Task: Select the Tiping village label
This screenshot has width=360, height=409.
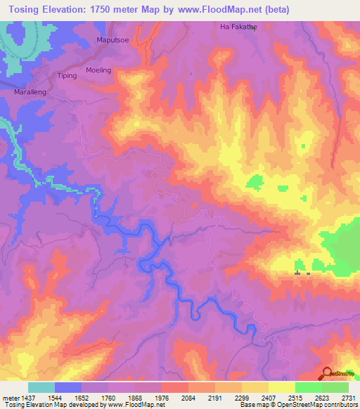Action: tap(67, 75)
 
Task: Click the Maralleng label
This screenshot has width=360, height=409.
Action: tap(30, 92)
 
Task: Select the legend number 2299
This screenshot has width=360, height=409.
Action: tap(240, 397)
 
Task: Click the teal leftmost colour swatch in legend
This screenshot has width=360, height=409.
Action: tap(41, 387)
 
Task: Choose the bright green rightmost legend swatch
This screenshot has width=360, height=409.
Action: tap(335, 387)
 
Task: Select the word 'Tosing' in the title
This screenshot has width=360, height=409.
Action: tap(27, 8)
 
